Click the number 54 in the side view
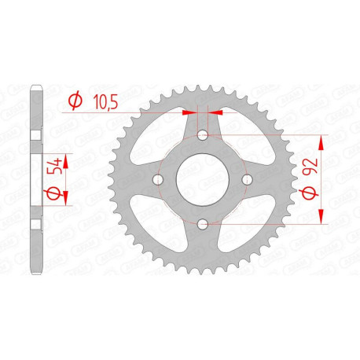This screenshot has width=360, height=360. pos(53,170)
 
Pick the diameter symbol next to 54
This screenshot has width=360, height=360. pos(53,192)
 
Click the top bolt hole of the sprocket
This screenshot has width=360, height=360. pos(203,135)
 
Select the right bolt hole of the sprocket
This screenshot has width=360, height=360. pos(247,180)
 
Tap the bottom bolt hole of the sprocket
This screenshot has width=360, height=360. pos(203,225)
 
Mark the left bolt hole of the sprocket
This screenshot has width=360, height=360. pos(159,180)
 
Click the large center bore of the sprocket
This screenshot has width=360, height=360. pos(203,180)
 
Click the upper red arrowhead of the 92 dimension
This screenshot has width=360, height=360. pos(321,141)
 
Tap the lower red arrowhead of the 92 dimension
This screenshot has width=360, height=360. pos(321,219)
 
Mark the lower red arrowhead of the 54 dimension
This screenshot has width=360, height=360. pos(66,203)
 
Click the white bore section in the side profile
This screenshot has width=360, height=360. pos(36,180)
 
